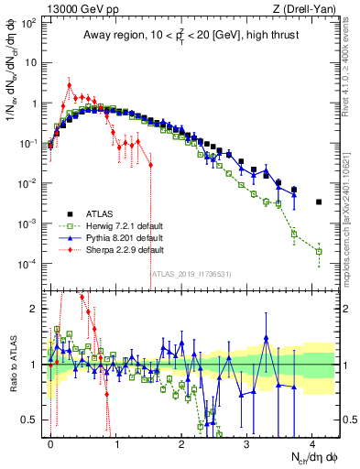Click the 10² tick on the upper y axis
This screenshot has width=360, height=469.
coord(29,23)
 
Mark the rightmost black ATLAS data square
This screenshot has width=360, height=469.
coord(319,202)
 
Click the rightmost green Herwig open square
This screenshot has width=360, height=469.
coord(319,251)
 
